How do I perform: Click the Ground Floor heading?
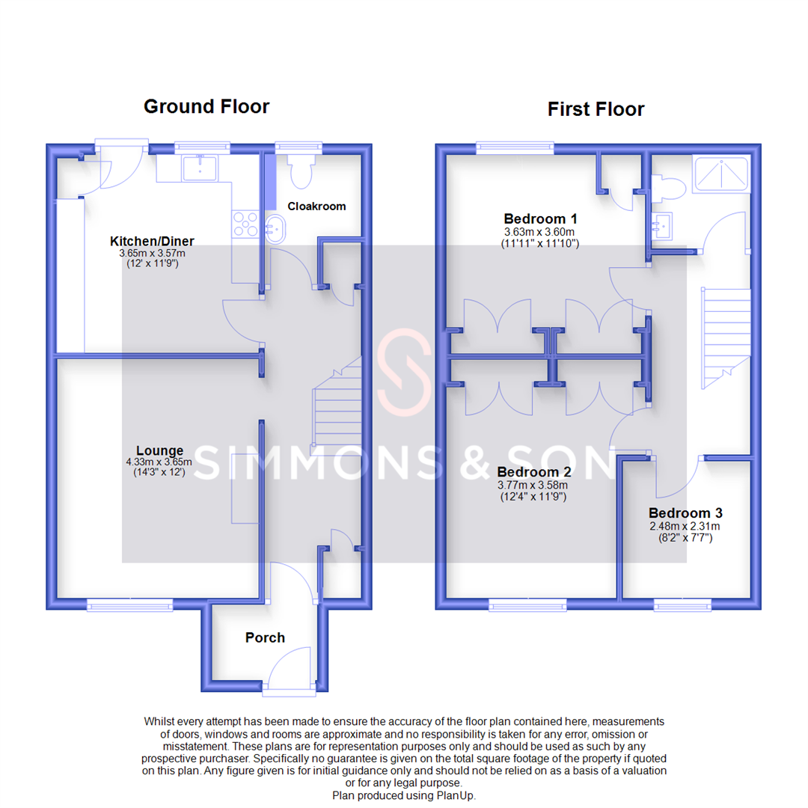coord(206,106)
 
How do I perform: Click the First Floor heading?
coord(596,109)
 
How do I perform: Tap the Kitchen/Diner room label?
coord(152,241)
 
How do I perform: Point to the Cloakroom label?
coord(316,206)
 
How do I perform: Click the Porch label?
coord(265,637)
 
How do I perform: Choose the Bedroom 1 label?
coord(540,219)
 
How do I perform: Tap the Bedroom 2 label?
coord(533,473)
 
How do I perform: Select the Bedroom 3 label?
coord(685,513)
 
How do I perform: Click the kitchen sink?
coord(200,168)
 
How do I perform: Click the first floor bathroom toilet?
coord(665,188)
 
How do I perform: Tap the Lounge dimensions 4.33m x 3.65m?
coord(159,462)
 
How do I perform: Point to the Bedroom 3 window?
coord(682,605)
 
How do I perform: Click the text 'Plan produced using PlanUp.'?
coord(404,795)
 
